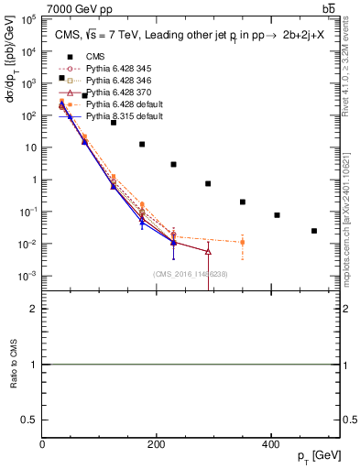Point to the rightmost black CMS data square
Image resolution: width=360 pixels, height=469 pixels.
314,231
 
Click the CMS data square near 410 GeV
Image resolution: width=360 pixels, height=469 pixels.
277,215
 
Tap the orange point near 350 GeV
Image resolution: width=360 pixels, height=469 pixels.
242,243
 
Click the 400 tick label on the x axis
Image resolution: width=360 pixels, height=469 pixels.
270,444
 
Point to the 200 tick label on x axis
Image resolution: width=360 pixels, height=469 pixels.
157,444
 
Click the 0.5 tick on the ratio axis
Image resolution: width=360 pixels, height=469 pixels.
32,420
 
